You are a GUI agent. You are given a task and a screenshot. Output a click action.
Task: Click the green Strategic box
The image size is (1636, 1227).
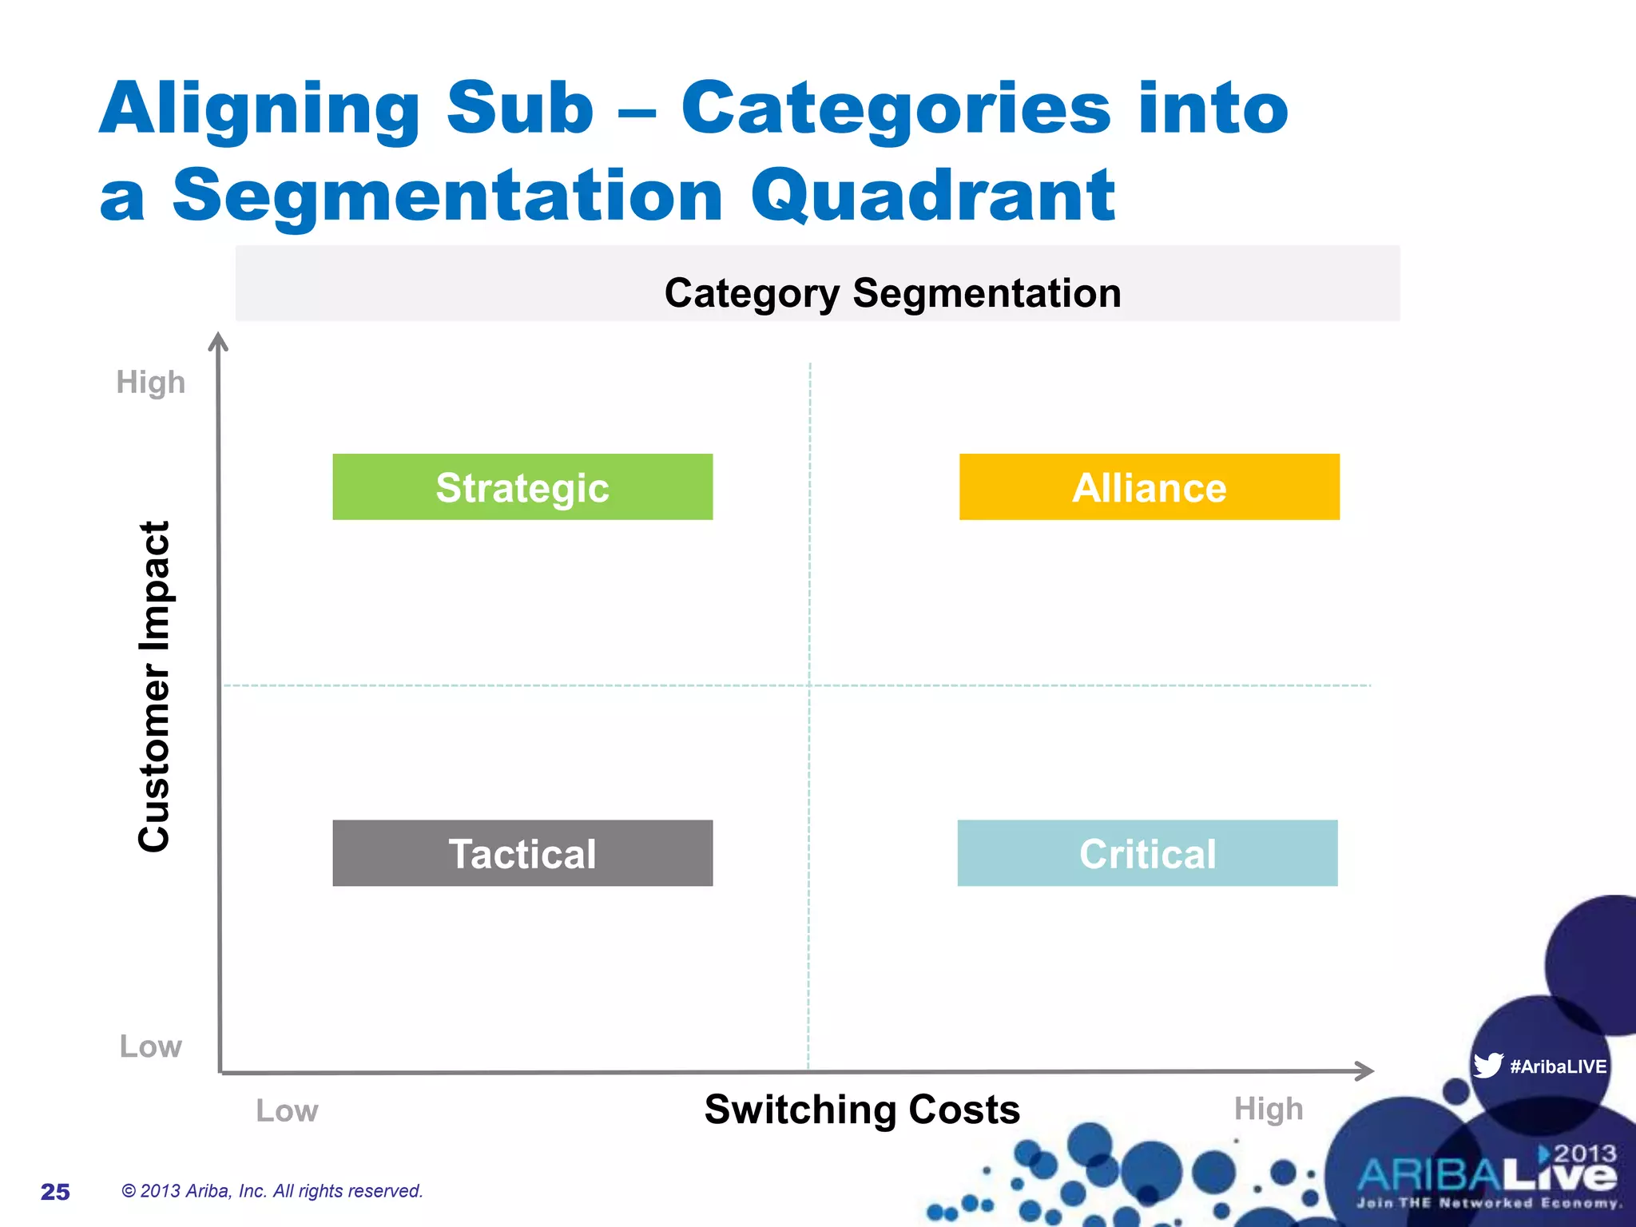point(522,487)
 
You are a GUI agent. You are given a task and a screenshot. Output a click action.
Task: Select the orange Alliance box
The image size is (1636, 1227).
point(1149,487)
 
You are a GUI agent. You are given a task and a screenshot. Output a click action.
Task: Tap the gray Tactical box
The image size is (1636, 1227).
point(522,853)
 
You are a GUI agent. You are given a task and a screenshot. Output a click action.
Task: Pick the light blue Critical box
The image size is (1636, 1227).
point(1147,853)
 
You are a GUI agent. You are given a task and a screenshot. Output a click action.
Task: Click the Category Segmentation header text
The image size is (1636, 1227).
point(892,293)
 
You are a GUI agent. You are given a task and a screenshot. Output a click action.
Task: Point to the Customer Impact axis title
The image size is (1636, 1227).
point(154,687)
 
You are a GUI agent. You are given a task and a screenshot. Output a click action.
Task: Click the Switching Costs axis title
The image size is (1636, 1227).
point(862,1110)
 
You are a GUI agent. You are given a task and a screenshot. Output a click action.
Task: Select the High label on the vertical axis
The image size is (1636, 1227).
point(150,383)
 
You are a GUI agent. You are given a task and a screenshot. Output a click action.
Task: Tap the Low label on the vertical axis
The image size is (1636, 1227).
point(150,1046)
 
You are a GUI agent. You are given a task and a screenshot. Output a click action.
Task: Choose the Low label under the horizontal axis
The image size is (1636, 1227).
point(287,1111)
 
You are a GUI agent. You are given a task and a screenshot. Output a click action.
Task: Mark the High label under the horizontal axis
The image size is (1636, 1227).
point(1268,1109)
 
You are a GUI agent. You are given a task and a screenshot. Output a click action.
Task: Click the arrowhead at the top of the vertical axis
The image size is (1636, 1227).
point(218,341)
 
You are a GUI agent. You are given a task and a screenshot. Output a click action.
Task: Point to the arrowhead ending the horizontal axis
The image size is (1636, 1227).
point(1364,1070)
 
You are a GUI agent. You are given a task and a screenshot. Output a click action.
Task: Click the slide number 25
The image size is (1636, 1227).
point(55,1192)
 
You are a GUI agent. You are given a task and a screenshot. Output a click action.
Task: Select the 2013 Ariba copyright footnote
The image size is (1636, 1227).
point(272,1191)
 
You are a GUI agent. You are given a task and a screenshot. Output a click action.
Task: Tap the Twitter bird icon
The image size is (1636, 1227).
point(1487,1065)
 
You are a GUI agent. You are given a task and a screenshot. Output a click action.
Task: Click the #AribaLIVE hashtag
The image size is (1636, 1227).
point(1558,1066)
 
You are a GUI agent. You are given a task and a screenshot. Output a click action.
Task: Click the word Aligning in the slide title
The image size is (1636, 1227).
point(260,109)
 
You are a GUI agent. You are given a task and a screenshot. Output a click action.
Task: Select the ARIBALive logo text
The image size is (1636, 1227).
point(1487,1176)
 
